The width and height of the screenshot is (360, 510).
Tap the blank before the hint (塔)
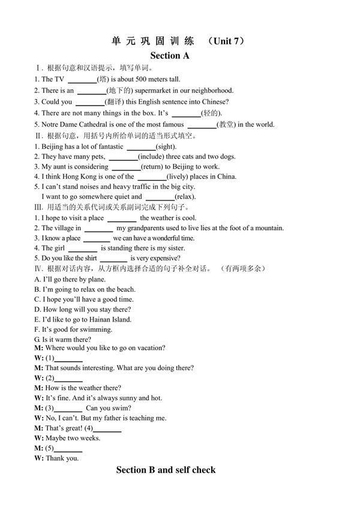[x=83, y=79]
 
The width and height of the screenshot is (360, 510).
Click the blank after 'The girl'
[x=83, y=248]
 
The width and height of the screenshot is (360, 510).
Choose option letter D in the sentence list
[x=37, y=310]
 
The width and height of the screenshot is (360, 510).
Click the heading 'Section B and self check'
[x=166, y=470]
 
